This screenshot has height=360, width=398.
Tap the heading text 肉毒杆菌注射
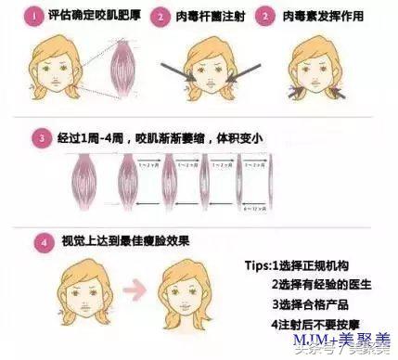click(x=201, y=17)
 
